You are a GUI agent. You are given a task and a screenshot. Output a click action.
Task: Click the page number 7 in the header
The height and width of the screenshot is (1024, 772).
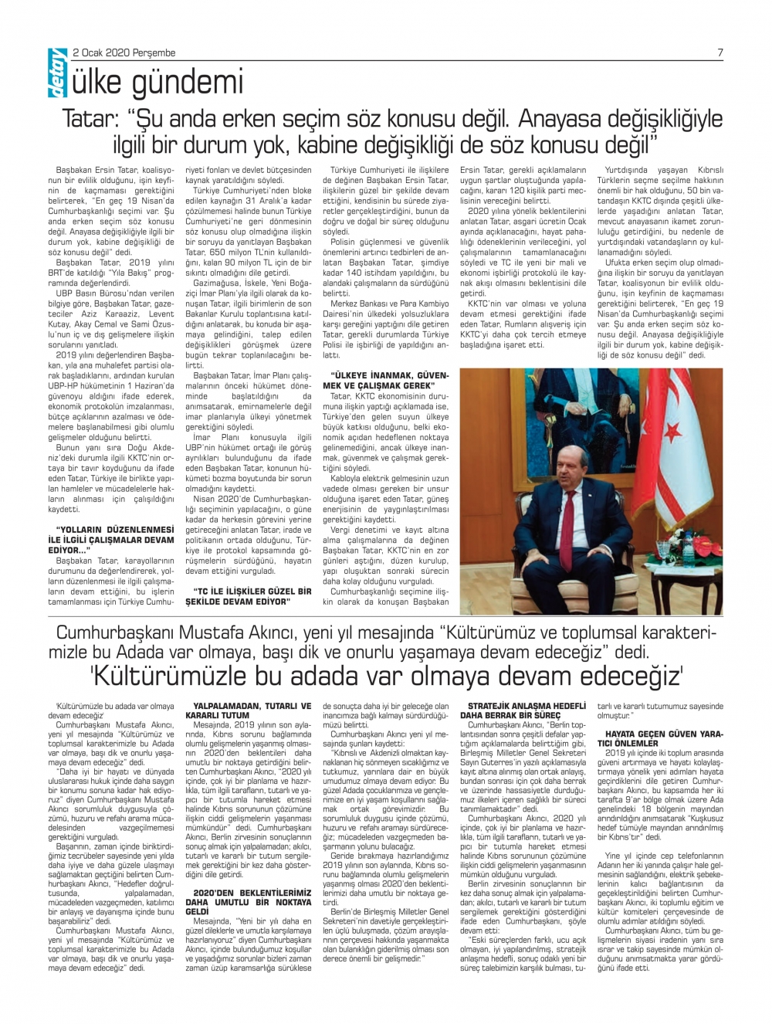click(720, 53)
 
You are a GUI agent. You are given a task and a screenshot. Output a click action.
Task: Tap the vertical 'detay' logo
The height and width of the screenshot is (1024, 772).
click(57, 80)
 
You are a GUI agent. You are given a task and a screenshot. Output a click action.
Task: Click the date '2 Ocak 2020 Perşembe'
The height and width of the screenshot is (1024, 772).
click(124, 53)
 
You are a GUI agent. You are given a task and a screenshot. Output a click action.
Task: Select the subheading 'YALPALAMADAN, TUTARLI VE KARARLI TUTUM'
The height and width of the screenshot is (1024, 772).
click(252, 710)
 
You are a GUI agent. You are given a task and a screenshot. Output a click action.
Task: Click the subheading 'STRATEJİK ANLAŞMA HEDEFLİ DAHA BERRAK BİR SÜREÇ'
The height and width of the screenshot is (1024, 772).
click(527, 710)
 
